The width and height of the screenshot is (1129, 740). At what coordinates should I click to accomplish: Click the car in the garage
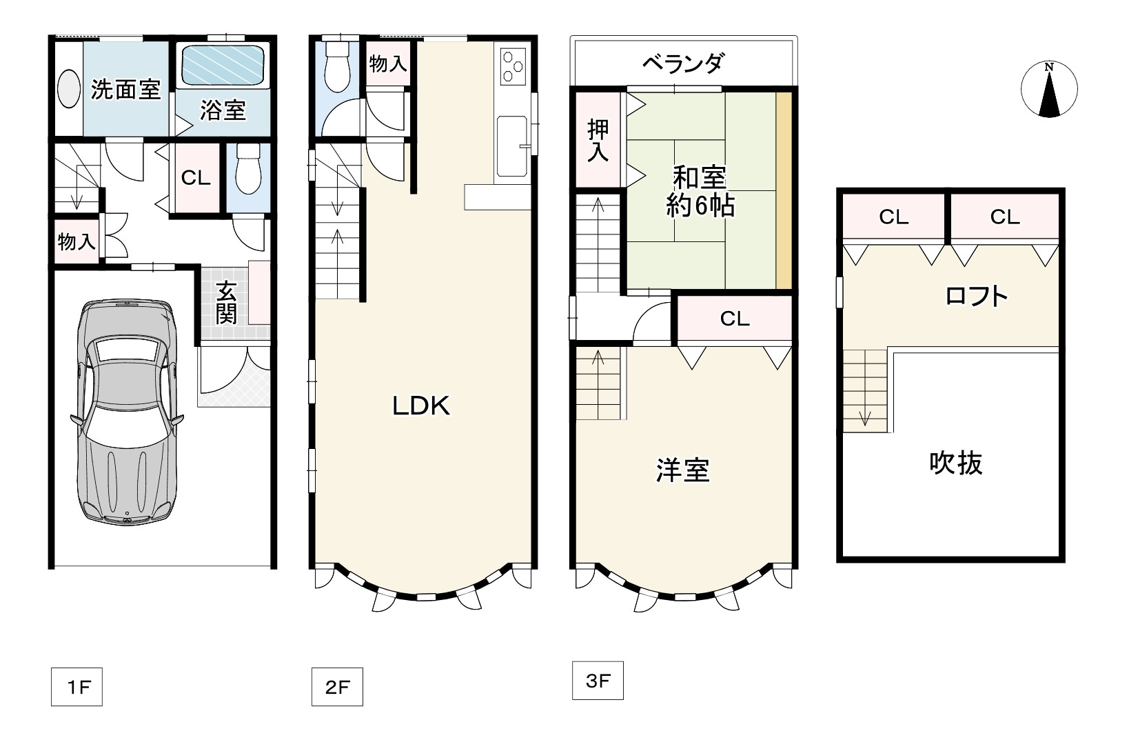pyautogui.click(x=127, y=412)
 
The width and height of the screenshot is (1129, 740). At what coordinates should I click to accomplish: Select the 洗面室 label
pyautogui.click(x=125, y=90)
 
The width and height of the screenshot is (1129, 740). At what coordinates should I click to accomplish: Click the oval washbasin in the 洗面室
pyautogui.click(x=68, y=89)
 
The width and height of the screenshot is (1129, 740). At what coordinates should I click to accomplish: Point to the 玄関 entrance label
pyautogui.click(x=226, y=303)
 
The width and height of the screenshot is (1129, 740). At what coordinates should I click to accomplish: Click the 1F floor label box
pyautogui.click(x=77, y=686)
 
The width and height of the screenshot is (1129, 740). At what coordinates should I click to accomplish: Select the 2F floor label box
pyautogui.click(x=337, y=686)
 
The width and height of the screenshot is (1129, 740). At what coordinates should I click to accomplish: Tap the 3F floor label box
pyautogui.click(x=598, y=681)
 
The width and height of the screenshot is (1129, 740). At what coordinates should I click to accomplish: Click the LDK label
pyautogui.click(x=421, y=406)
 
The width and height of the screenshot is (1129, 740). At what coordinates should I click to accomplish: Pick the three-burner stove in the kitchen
pyautogui.click(x=513, y=66)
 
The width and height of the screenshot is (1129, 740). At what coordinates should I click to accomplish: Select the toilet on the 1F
pyautogui.click(x=249, y=169)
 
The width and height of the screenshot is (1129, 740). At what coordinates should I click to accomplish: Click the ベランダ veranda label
pyautogui.click(x=684, y=63)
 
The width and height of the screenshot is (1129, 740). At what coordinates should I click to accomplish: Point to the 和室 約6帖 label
pyautogui.click(x=700, y=192)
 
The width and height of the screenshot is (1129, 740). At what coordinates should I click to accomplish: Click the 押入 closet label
pyautogui.click(x=598, y=141)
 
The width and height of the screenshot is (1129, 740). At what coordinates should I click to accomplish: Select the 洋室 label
pyautogui.click(x=683, y=470)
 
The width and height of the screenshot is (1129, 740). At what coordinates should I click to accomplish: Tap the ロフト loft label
pyautogui.click(x=976, y=296)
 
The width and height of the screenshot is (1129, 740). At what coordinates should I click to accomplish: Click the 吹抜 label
pyautogui.click(x=956, y=463)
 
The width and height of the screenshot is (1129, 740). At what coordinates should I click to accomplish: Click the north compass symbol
pyautogui.click(x=1049, y=89)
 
